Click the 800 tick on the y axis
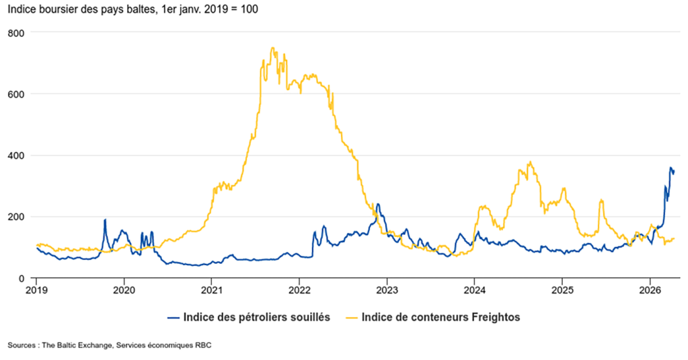pyautogui.click(x=16, y=32)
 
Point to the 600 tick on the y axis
pyautogui.click(x=16, y=94)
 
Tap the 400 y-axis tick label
pyautogui.click(x=16, y=155)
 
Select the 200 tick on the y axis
pyautogui.click(x=16, y=217)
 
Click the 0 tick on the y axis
pyautogui.click(x=22, y=278)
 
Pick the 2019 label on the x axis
pyautogui.click(x=36, y=291)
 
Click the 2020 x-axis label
pyautogui.click(x=124, y=291)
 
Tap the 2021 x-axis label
pyautogui.click(x=211, y=291)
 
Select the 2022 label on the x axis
pyautogui.click(x=299, y=291)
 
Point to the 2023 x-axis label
pyautogui.click(x=387, y=291)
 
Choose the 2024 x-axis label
pyautogui.click(x=474, y=291)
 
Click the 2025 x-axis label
pyautogui.click(x=562, y=291)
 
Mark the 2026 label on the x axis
pyautogui.click(x=650, y=291)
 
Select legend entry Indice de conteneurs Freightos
pyautogui.click(x=441, y=318)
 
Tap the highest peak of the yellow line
pyautogui.click(x=272, y=48)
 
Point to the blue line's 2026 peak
pyautogui.click(x=670, y=168)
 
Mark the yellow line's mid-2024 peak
pyautogui.click(x=530, y=161)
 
